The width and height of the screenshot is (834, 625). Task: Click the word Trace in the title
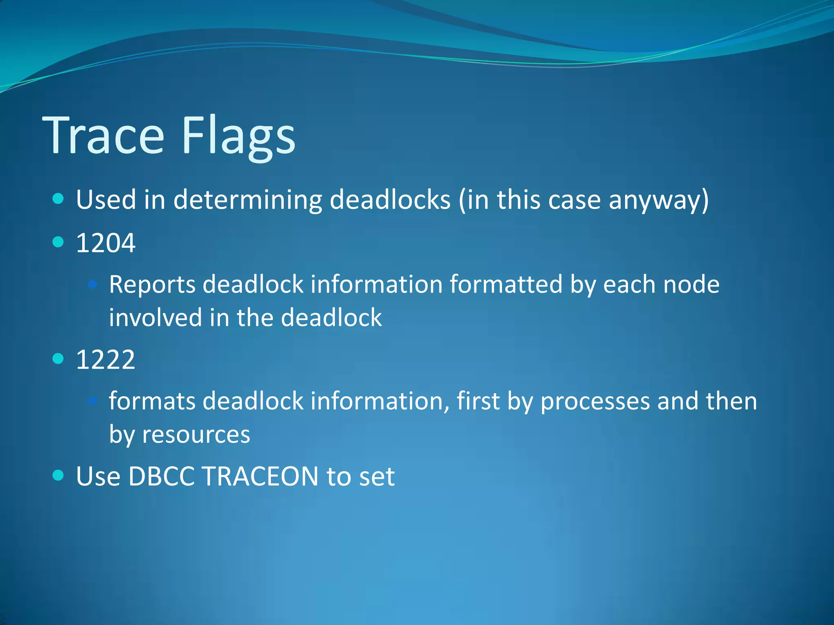click(103, 135)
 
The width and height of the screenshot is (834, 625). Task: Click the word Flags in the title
click(238, 135)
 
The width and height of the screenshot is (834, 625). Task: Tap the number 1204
click(105, 243)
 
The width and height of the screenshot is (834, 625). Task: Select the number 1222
click(105, 360)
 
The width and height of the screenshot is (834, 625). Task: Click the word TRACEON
click(259, 476)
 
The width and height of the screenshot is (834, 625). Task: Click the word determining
click(248, 200)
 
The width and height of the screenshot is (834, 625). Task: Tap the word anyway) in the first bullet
click(658, 200)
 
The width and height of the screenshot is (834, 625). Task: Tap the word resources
click(196, 435)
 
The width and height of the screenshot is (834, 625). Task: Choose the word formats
click(152, 401)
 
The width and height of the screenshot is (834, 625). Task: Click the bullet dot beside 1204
click(59, 242)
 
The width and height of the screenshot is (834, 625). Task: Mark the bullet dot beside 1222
click(59, 358)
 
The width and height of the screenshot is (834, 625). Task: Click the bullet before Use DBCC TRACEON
click(59, 475)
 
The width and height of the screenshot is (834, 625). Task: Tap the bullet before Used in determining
click(59, 199)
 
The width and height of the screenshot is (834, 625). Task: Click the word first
click(478, 401)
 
